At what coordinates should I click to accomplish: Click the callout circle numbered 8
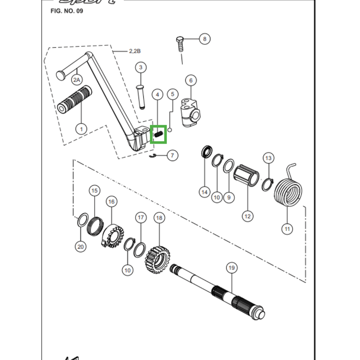204,39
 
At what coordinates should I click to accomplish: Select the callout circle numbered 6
190,81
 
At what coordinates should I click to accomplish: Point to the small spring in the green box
158,134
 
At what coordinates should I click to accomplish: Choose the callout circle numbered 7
172,156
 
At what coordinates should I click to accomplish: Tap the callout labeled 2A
76,80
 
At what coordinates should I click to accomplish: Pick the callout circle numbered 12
247,216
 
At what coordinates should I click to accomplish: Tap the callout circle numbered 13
268,158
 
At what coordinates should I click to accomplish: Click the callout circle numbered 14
205,192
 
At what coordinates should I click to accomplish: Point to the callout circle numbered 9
229,197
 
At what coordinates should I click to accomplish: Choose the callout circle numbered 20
81,246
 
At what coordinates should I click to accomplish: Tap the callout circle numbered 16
111,202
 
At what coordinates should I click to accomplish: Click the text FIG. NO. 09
67,11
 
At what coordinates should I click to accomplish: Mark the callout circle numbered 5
172,94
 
